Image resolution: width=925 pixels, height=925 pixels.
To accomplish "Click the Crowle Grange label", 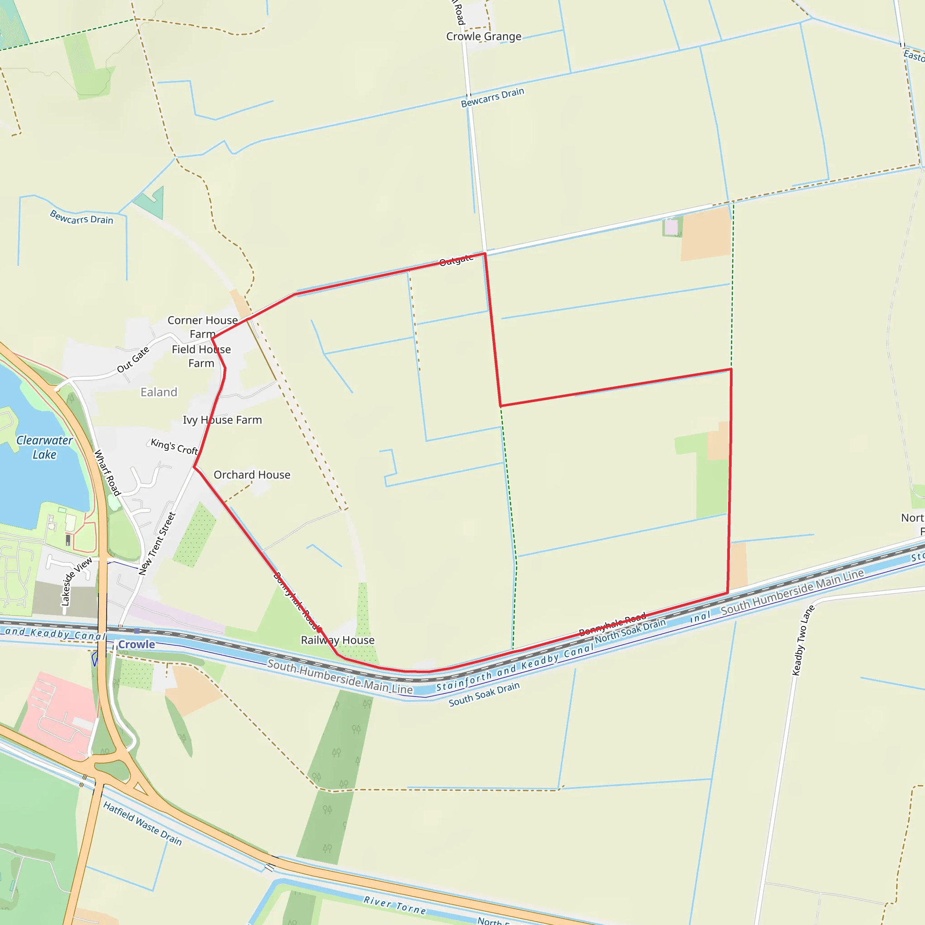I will pos(484,37).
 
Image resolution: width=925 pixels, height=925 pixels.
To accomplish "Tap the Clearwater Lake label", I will pos(44,447).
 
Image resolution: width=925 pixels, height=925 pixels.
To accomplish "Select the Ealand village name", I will pos(159,392).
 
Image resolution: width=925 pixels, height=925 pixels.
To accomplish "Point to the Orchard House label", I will pos(252,475).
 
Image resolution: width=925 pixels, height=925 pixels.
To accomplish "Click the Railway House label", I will pos(337,640).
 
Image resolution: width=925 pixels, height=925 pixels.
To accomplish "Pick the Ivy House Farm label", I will pos(222,420).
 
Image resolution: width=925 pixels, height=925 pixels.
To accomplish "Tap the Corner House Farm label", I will pos(202,327).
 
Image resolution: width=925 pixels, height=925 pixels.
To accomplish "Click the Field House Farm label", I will pos(201,356).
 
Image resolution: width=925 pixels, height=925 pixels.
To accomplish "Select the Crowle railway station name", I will pos(136,645).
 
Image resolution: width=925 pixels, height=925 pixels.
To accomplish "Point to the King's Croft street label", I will pos(174,446).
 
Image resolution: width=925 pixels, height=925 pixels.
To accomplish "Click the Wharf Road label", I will pos(107,472).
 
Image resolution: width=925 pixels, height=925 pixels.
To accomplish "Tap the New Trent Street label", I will pos(157,543).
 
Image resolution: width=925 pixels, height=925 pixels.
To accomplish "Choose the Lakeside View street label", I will pos(76,581).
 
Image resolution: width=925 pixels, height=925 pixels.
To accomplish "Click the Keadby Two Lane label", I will pos(803,640).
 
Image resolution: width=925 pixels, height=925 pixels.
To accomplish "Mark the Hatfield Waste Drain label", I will pos(142,823).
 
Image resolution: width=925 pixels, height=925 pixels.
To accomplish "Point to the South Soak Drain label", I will pos(484,694).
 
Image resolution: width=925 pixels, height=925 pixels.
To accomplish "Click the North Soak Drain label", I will pos(630,631).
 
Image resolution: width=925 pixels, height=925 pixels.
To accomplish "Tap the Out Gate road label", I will pos(133,359).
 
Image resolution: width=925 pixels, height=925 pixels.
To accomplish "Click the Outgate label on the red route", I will pos(456,260).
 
